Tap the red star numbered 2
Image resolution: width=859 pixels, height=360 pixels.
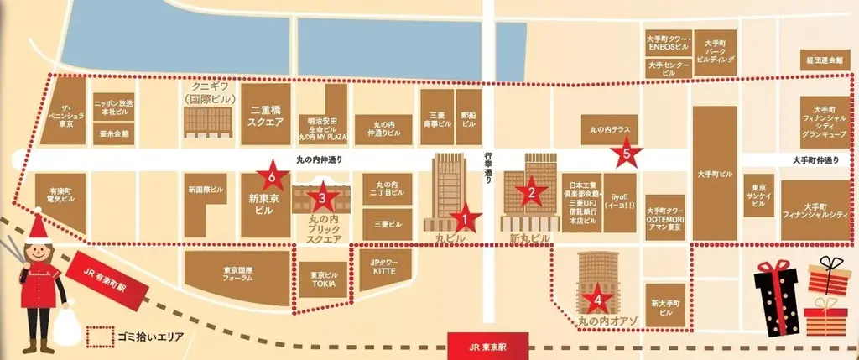click(x=530, y=193)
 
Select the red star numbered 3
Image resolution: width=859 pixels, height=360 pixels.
click(x=322, y=198)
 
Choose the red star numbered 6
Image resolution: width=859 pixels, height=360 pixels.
click(x=273, y=176)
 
